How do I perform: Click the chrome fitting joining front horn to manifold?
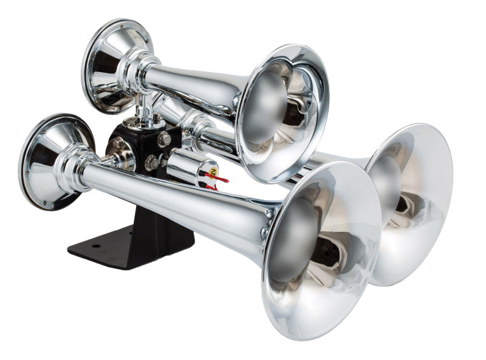pos(119,159)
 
